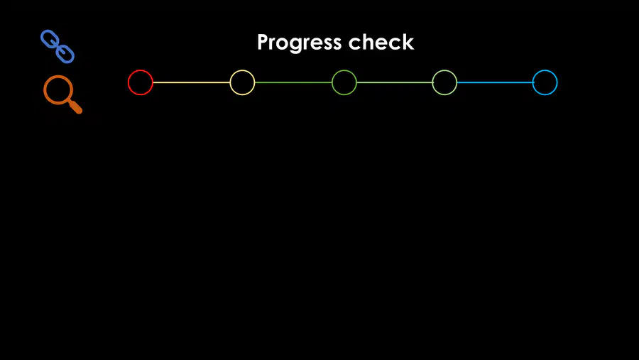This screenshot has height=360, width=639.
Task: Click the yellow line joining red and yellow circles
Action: [x=192, y=82]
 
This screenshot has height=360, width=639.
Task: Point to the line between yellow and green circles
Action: [x=293, y=82]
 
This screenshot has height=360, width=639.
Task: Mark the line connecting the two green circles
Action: [x=395, y=82]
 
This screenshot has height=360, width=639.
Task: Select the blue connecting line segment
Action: [x=495, y=82]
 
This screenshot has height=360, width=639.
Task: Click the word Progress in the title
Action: [x=299, y=43]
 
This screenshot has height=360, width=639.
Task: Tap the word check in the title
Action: [x=381, y=42]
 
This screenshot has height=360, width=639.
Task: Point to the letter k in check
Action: [x=408, y=42]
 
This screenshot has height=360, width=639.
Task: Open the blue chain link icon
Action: [x=58, y=46]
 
